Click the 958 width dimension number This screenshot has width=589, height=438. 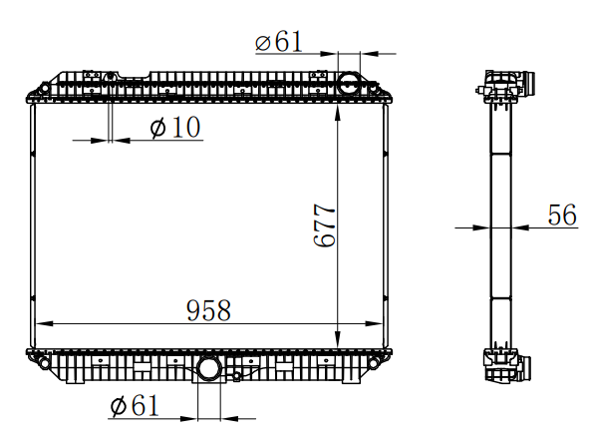tap(208, 310)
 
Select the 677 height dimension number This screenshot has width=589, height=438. tap(324, 225)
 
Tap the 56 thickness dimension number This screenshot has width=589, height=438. tap(562, 215)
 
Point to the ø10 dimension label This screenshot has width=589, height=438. tap(175, 127)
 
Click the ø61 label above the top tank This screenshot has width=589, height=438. tap(279, 41)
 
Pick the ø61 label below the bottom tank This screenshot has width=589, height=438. tap(135, 405)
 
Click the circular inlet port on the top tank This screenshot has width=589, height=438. tap(349, 84)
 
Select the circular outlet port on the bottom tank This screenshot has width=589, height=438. tap(209, 367)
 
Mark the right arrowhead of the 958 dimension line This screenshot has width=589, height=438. tap(374, 323)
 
